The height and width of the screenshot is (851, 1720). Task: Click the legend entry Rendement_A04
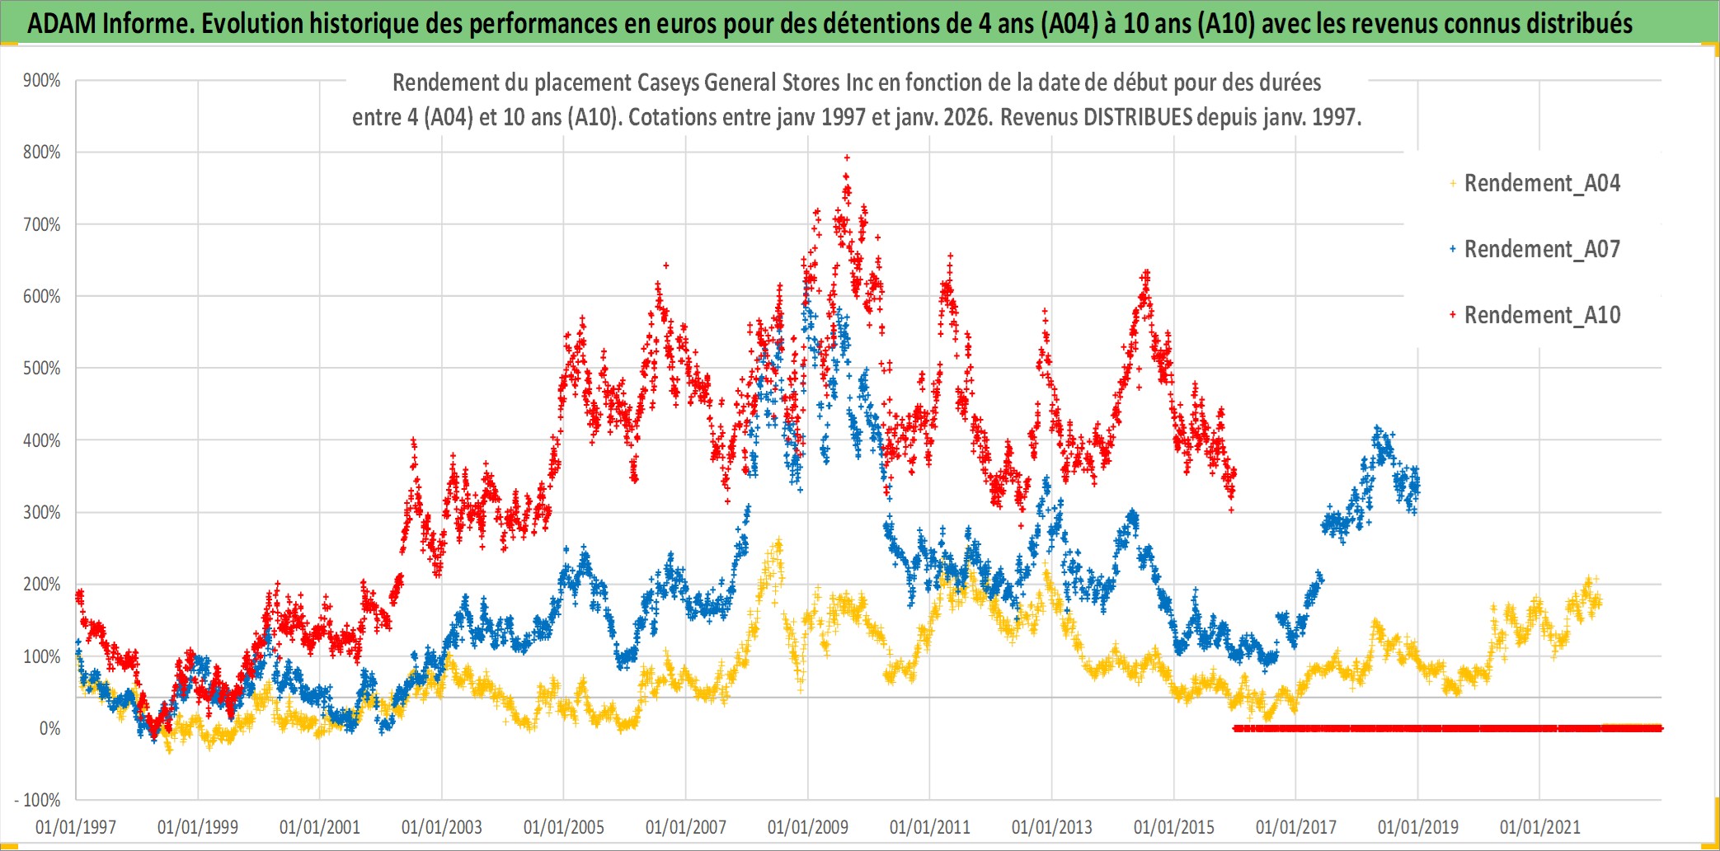(1541, 183)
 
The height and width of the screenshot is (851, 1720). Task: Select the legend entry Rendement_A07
(1541, 249)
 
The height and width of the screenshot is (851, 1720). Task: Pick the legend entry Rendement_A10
(1541, 315)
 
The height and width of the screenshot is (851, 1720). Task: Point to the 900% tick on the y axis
(42, 81)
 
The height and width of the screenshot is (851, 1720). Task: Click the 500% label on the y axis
(42, 369)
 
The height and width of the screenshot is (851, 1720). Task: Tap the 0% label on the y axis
(49, 729)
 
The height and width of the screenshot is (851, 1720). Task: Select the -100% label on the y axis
(38, 801)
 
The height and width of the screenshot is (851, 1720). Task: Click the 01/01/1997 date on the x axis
(76, 827)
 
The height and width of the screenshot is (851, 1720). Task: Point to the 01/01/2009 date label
(808, 827)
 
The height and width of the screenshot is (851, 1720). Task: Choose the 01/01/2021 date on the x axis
(1540, 827)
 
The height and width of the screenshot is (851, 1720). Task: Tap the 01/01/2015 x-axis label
(1174, 827)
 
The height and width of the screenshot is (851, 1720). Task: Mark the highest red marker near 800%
(847, 158)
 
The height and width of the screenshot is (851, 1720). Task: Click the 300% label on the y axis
(42, 513)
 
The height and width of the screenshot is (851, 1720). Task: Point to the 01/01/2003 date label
(442, 827)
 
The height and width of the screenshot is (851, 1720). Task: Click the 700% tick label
(42, 224)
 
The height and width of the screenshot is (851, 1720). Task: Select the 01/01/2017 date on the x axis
(1296, 827)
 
